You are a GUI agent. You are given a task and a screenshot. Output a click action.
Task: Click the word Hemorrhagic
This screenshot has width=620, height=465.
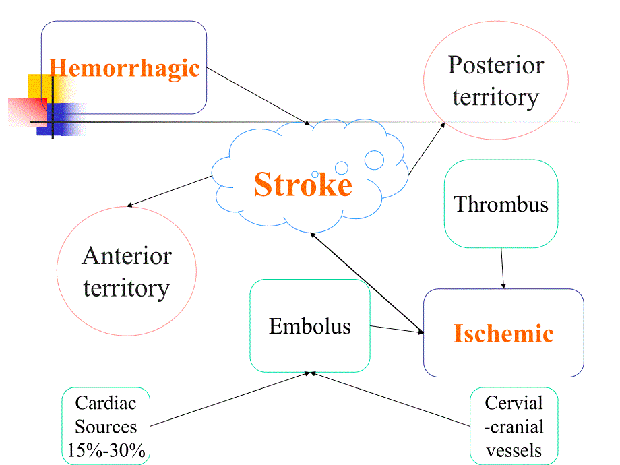click(125, 68)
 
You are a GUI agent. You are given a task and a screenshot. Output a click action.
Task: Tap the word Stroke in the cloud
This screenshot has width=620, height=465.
click(303, 185)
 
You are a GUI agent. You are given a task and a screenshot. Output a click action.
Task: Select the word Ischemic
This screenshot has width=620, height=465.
click(503, 333)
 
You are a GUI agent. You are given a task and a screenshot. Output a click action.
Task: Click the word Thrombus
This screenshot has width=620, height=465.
click(501, 204)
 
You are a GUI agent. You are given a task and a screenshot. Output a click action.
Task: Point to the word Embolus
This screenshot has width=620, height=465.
click(310, 326)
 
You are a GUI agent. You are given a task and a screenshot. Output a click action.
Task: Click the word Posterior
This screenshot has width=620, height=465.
click(495, 65)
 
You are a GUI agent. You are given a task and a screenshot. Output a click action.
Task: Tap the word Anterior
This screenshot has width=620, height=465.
click(127, 256)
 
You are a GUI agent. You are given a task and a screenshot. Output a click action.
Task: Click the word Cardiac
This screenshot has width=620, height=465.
click(106, 403)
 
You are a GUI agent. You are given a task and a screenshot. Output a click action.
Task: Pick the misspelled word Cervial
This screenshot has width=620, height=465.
click(514, 403)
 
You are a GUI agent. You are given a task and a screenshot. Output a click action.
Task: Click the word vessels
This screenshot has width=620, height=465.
click(514, 449)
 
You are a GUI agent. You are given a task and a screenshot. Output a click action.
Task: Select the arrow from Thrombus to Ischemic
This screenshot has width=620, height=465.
click(502, 268)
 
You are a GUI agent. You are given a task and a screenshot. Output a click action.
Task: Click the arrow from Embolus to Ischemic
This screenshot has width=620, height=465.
click(396, 330)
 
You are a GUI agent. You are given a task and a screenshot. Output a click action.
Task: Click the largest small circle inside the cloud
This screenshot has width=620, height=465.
click(374, 160)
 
